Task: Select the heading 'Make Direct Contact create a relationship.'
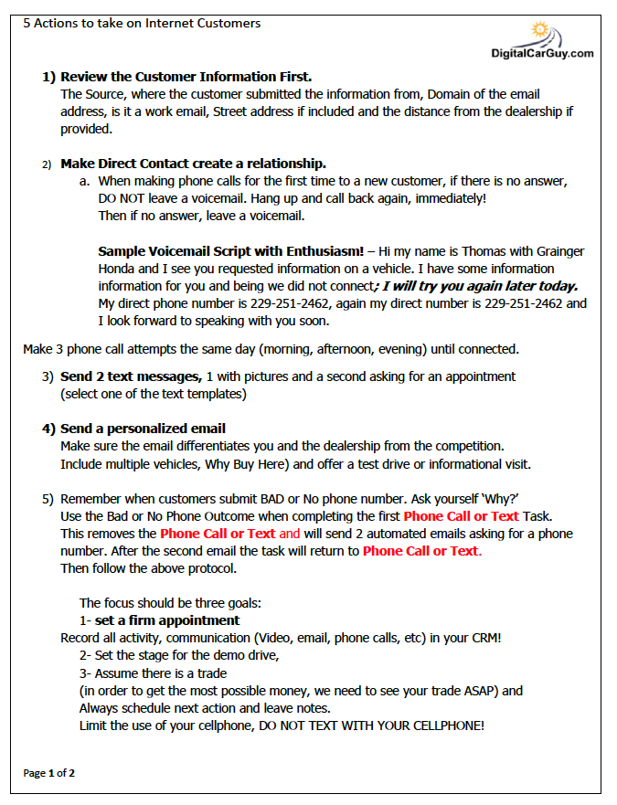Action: point(193,164)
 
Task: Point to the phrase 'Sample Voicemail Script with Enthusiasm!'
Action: point(230,251)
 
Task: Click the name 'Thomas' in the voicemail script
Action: point(489,251)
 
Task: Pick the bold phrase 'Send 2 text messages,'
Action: point(131,376)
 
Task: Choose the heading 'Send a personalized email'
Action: point(143,429)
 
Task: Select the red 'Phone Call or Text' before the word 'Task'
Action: point(461,515)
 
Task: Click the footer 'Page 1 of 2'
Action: point(49,773)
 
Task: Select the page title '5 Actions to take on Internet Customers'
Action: point(142,23)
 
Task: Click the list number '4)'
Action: point(48,429)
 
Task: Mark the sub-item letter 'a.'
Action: point(84,181)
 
